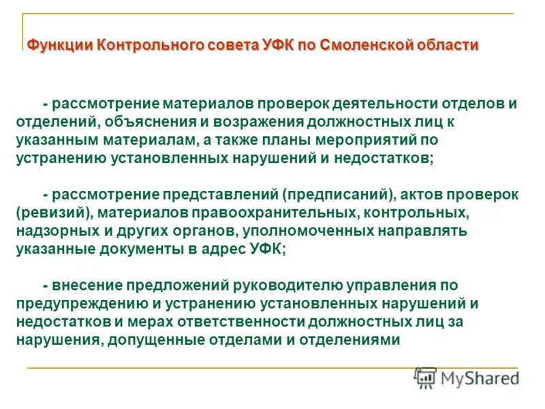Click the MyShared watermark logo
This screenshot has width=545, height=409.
pos(467,378)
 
